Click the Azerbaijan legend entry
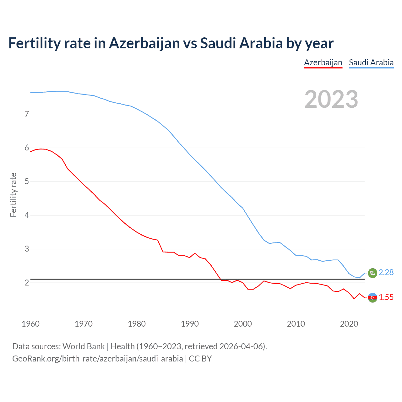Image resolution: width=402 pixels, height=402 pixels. pos(323,62)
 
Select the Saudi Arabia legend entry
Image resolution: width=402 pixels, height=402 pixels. pos(371,62)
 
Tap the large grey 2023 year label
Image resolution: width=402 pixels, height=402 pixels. pos(331,99)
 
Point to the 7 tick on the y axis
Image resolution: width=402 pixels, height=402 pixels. pos(27,114)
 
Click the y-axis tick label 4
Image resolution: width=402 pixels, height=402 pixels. pos(27,215)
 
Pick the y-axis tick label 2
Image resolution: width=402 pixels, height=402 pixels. pos(27,283)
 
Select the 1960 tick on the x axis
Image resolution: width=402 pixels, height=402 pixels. pos(30,324)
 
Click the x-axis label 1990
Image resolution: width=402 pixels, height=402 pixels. pos(190,324)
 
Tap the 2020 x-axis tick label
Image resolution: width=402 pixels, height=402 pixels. pos(349,324)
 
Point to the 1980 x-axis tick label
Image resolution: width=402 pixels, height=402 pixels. pos(137,324)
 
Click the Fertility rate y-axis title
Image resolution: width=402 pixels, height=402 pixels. pos(13,195)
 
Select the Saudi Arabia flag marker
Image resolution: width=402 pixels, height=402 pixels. pos(372,273)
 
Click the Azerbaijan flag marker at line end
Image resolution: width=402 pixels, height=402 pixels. pos(372,297)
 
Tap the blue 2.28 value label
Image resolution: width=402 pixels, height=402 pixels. pos(386,273)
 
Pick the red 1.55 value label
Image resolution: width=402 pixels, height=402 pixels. pos(386,297)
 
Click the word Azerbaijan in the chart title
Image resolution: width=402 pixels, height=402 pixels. pos(144,43)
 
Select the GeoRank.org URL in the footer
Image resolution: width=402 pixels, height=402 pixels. pos(97,359)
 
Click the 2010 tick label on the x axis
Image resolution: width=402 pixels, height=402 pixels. pos(296,324)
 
